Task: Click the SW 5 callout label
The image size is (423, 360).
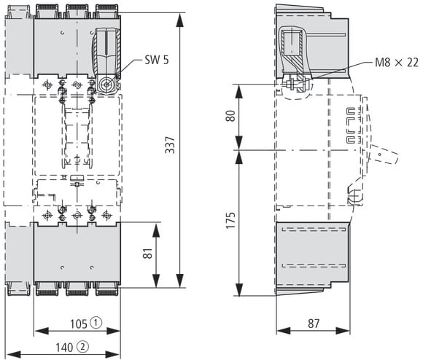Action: click(157, 60)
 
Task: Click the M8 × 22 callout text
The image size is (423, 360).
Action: click(397, 62)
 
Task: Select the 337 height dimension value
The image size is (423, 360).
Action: click(170, 145)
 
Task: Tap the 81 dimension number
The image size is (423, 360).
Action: click(147, 254)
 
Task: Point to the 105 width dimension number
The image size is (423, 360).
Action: click(79, 324)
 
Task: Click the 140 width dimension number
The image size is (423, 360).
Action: click(64, 348)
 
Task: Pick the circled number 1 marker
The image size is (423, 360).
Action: click(96, 323)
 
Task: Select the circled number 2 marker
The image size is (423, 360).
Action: click(82, 347)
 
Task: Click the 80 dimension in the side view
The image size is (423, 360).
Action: click(230, 116)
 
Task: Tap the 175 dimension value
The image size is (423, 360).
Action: click(230, 220)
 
